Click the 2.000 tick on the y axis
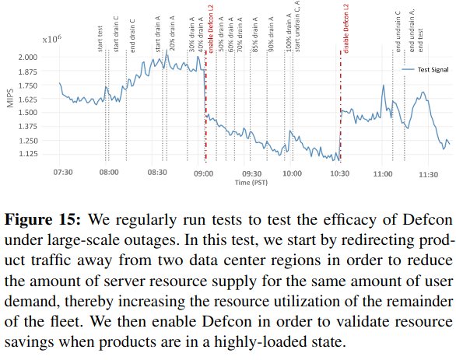click(28, 58)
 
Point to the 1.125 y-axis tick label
click(28, 154)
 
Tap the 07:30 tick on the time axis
click(63, 173)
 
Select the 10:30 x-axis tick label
click(340, 173)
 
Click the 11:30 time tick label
click(428, 175)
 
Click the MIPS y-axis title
click(10, 98)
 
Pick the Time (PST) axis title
click(251, 183)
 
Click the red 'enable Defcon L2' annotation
click(211, 29)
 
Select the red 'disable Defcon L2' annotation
click(346, 29)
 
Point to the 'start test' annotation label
click(100, 39)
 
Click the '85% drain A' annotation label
click(255, 34)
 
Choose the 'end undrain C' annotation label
click(398, 32)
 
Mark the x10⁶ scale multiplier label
click(52, 39)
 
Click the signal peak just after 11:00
click(384, 85)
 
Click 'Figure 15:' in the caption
click(43, 220)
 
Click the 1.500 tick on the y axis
click(28, 113)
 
